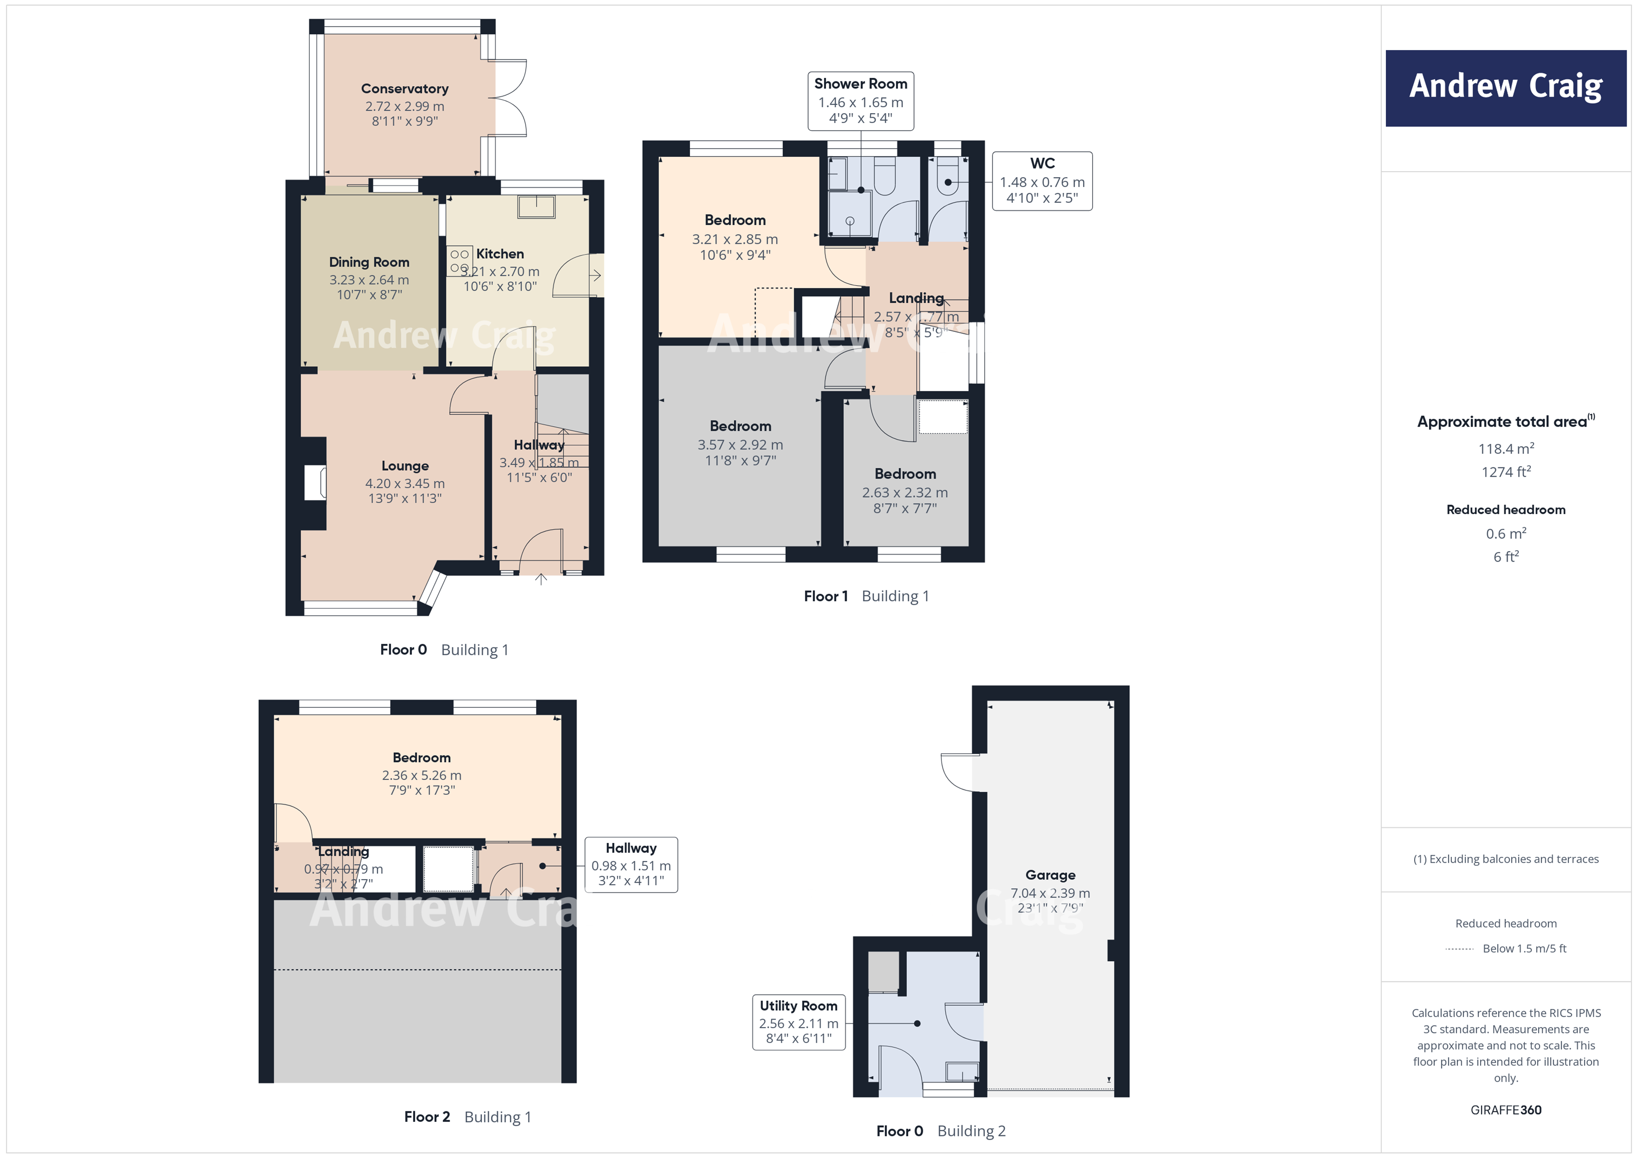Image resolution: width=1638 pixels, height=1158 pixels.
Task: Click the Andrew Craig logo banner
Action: point(1505,88)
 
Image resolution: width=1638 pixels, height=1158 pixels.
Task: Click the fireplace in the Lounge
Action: point(315,483)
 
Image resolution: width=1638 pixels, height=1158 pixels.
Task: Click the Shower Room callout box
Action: point(860,101)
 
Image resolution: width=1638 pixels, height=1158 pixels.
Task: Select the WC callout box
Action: point(1041,181)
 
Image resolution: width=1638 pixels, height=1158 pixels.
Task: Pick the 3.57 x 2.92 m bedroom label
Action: point(740,444)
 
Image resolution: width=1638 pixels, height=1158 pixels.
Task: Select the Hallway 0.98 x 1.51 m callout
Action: point(631,864)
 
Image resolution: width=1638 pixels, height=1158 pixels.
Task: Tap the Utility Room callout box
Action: point(798,1022)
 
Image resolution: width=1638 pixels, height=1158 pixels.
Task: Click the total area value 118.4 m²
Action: point(1505,449)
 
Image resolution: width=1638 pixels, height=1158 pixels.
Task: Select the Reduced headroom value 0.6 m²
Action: point(1505,533)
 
